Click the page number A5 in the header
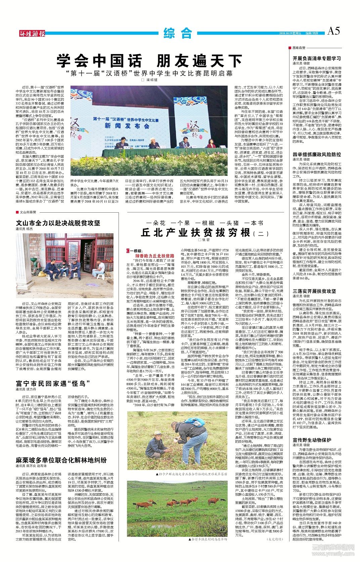pyautogui.click(x=333, y=31)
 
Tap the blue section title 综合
pyautogui.click(x=178, y=33)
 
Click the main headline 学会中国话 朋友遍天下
pyautogui.click(x=149, y=61)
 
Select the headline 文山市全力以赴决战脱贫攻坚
pyautogui.click(x=58, y=223)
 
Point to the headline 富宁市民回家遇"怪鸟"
pyautogui.click(x=50, y=383)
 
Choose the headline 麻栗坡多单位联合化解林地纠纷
pyautogui.click(x=61, y=460)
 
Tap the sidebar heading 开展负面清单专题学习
pyautogui.click(x=317, y=58)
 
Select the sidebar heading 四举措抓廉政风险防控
pyautogui.click(x=317, y=154)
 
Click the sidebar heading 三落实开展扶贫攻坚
pyautogui.click(x=314, y=291)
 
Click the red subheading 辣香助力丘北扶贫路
pyautogui.click(x=154, y=256)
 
